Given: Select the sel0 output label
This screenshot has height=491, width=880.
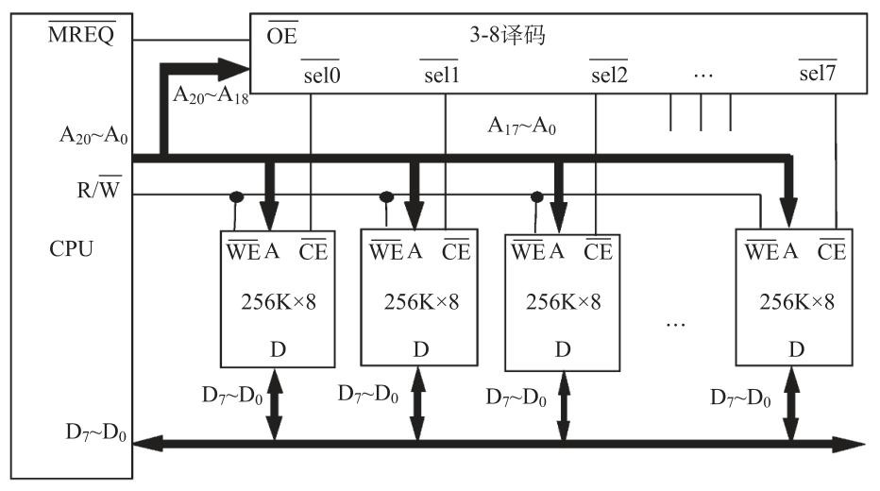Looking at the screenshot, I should pos(321,74).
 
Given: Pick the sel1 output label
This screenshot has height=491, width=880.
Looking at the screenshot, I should pos(441,74).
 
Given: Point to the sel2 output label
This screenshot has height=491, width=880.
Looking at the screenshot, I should pos(609,74).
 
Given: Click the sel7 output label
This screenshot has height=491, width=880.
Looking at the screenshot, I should pos(818,74).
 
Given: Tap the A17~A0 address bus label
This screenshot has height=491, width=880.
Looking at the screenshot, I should pos(521,124).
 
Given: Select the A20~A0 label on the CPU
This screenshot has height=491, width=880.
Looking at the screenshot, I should pos(93,137).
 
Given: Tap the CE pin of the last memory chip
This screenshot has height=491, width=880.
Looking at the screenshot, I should pos(831,251).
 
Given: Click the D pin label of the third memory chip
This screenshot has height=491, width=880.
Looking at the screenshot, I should pos(563,349).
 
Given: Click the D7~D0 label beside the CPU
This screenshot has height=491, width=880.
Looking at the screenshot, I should pos(96,433).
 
